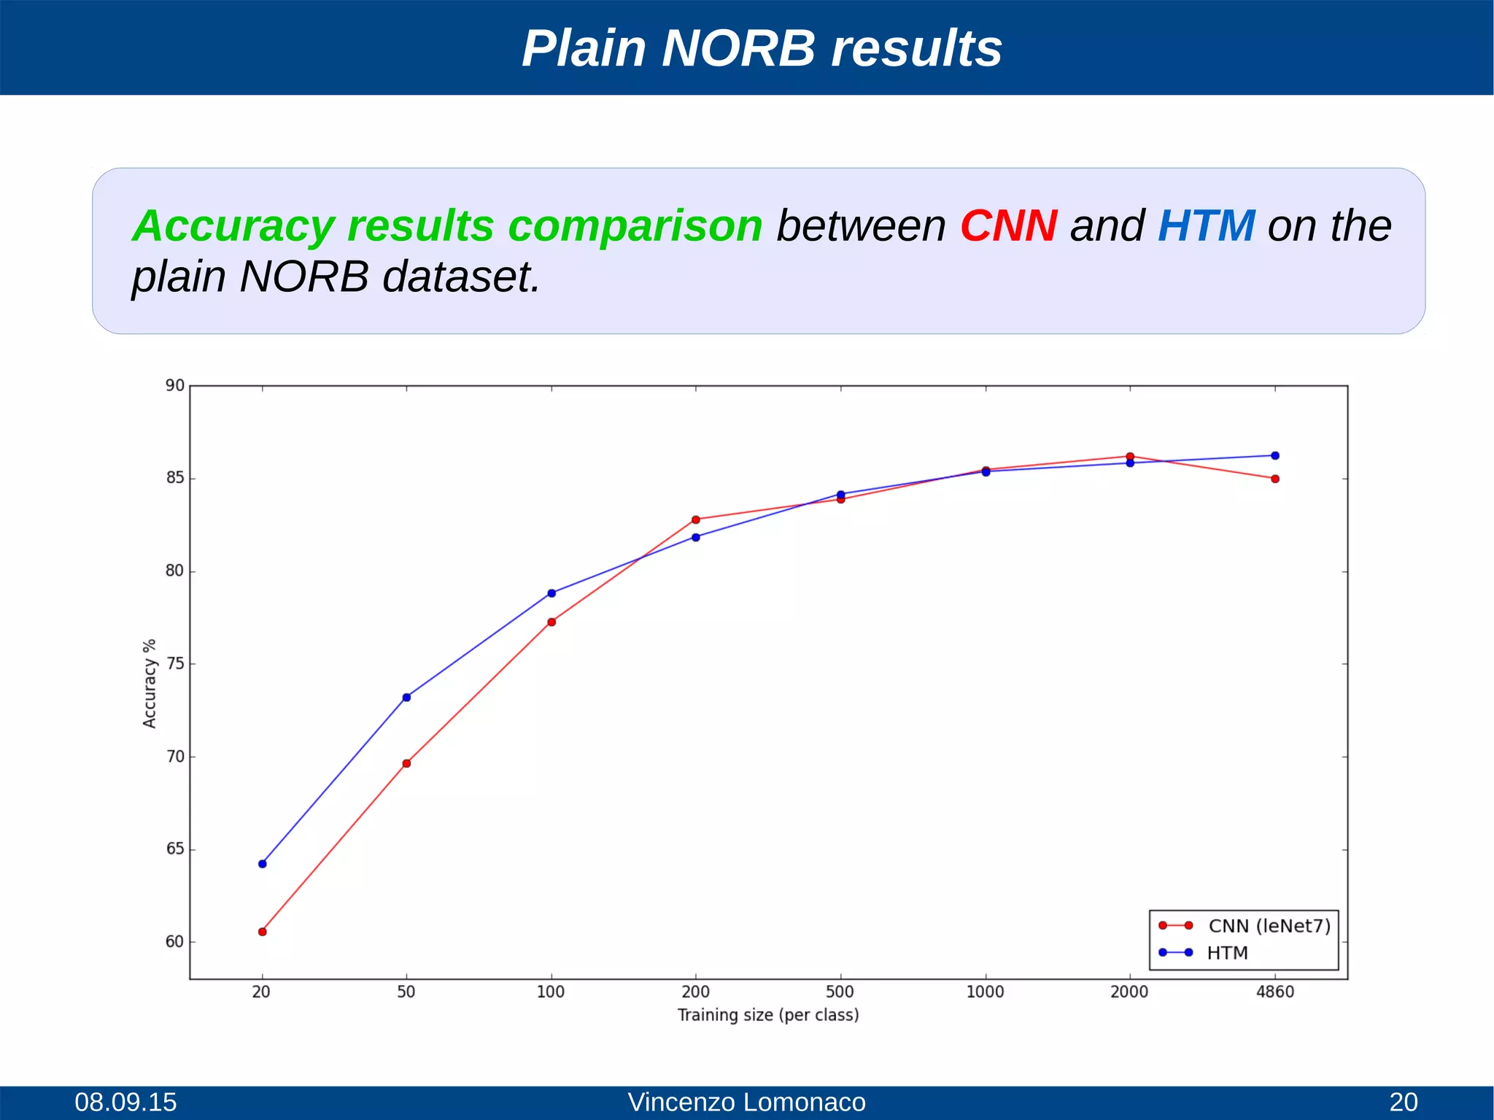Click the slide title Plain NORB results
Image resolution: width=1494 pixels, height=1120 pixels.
[x=762, y=49]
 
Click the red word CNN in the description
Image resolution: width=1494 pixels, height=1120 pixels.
[x=1008, y=225]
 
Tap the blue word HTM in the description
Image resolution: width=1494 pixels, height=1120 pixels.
[x=1206, y=225]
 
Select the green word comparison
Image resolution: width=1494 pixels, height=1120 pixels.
[x=635, y=227]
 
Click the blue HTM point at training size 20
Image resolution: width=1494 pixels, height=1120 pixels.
[x=263, y=864]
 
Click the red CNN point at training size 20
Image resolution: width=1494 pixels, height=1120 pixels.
[x=263, y=932]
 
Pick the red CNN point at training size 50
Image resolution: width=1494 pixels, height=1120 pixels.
[x=406, y=763]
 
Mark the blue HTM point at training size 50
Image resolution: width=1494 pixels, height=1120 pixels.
[x=406, y=698]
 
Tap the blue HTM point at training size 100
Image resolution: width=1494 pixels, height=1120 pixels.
[x=551, y=593]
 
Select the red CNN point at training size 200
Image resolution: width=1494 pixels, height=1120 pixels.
[x=696, y=520]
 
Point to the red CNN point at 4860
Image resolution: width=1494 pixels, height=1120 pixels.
[x=1275, y=479]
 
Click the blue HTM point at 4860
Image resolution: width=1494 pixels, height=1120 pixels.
[x=1275, y=455]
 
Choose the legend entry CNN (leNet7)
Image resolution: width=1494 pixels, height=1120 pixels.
[x=1269, y=926]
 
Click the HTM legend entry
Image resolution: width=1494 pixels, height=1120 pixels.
[x=1227, y=953]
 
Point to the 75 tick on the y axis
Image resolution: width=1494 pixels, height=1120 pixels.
[x=175, y=664]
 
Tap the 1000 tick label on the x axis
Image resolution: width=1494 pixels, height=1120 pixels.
[x=985, y=992]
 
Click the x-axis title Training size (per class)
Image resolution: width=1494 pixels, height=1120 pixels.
[x=768, y=1015]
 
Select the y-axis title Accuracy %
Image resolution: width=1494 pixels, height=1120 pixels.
[x=150, y=683]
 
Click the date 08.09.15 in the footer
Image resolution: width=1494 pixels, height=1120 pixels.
[x=125, y=1102]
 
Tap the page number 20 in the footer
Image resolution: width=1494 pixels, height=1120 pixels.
[x=1403, y=1102]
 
